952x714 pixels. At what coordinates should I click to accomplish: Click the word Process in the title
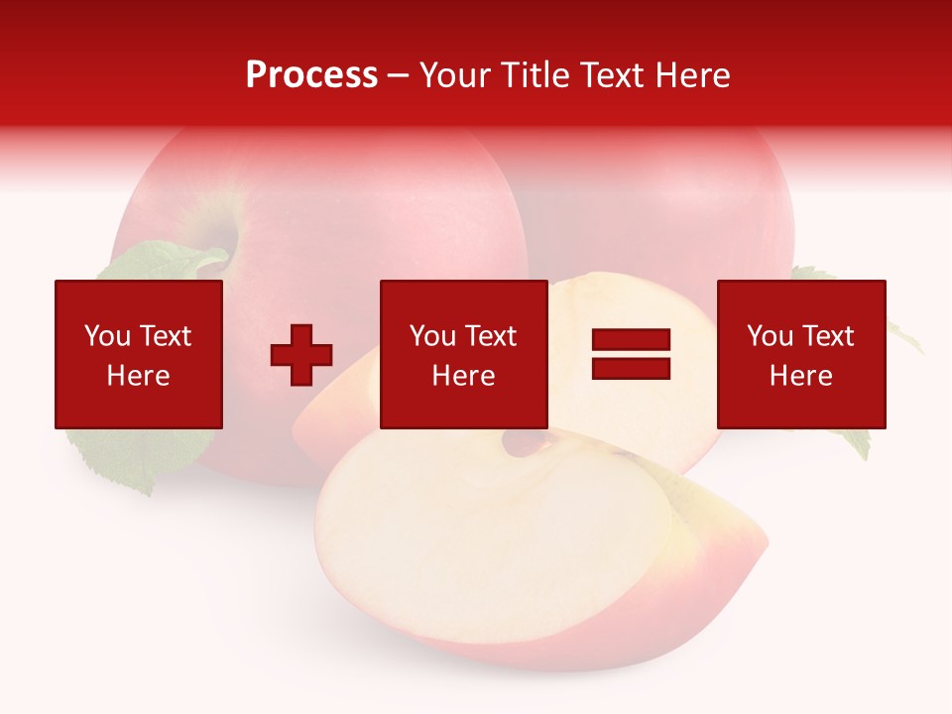click(x=311, y=75)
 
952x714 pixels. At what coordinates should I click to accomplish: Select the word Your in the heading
click(x=456, y=75)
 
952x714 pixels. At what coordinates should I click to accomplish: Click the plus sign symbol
click(x=301, y=355)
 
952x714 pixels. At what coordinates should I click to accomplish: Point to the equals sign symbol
click(x=631, y=354)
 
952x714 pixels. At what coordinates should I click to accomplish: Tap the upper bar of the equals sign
click(x=631, y=340)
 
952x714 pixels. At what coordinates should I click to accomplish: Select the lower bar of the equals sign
click(x=631, y=368)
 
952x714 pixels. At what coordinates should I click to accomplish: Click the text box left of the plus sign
click(x=138, y=354)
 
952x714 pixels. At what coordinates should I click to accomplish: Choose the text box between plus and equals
click(x=463, y=354)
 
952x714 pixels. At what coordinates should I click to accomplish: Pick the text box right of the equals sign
click(x=800, y=354)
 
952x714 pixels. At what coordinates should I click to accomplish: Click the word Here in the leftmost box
click(x=138, y=376)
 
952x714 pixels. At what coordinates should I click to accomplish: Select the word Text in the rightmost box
click(x=827, y=336)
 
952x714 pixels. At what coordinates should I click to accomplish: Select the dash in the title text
click(x=399, y=75)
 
